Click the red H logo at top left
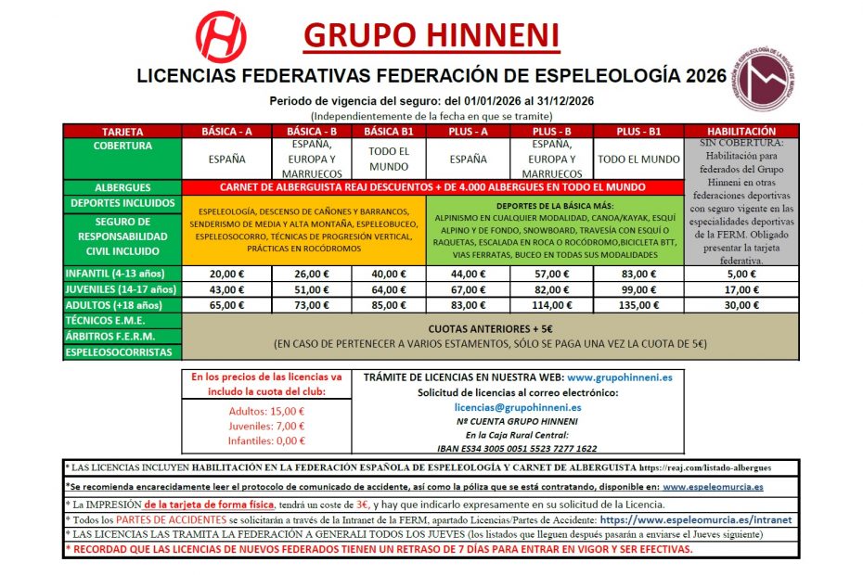[220, 36]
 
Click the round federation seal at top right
[766, 79]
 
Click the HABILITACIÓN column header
[741, 132]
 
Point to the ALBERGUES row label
[122, 187]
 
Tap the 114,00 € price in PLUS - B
[552, 305]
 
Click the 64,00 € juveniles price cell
[390, 289]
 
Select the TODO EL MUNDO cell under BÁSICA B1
[390, 159]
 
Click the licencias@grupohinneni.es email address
[518, 406]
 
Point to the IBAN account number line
[517, 448]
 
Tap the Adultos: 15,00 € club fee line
[266, 411]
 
